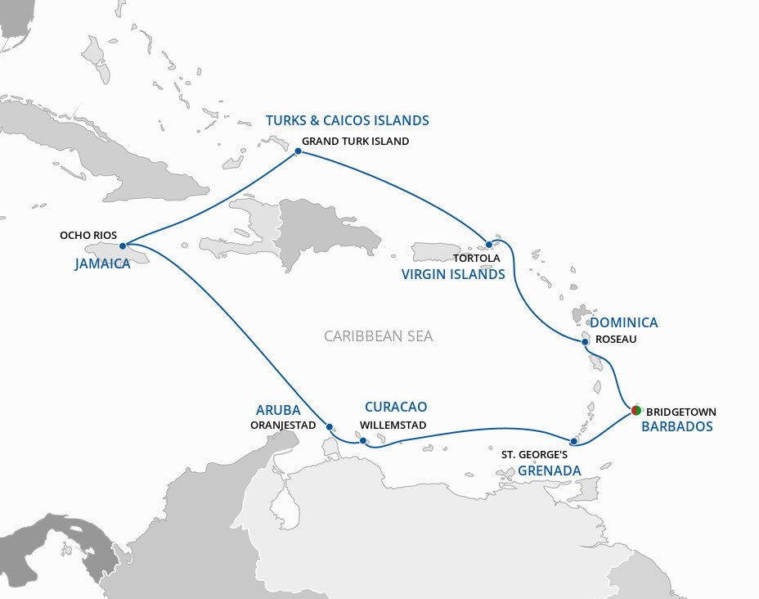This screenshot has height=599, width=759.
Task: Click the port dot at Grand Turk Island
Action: (x=298, y=151)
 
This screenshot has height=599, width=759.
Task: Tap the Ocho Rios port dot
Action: (x=122, y=245)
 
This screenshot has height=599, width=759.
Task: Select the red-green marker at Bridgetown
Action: (x=635, y=410)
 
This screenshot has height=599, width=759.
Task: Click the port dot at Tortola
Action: (x=488, y=244)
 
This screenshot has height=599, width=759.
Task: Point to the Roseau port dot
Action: (x=586, y=342)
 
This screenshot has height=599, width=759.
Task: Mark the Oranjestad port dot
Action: (x=329, y=426)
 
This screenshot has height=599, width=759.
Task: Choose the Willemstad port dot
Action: (x=362, y=440)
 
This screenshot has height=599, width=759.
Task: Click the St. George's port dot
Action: (x=573, y=441)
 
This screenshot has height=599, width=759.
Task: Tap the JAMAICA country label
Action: (x=102, y=264)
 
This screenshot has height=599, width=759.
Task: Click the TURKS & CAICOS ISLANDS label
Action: (x=347, y=120)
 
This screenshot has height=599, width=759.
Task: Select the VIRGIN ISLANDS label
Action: (x=453, y=275)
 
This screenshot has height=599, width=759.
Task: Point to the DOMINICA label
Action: (x=624, y=322)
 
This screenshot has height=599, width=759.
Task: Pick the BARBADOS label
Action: (x=676, y=426)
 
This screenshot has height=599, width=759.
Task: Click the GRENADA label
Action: (x=549, y=471)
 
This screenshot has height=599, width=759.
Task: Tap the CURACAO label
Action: (x=396, y=407)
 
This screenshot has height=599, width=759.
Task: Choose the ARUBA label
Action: (x=278, y=410)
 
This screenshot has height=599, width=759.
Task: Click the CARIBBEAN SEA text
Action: (x=379, y=336)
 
